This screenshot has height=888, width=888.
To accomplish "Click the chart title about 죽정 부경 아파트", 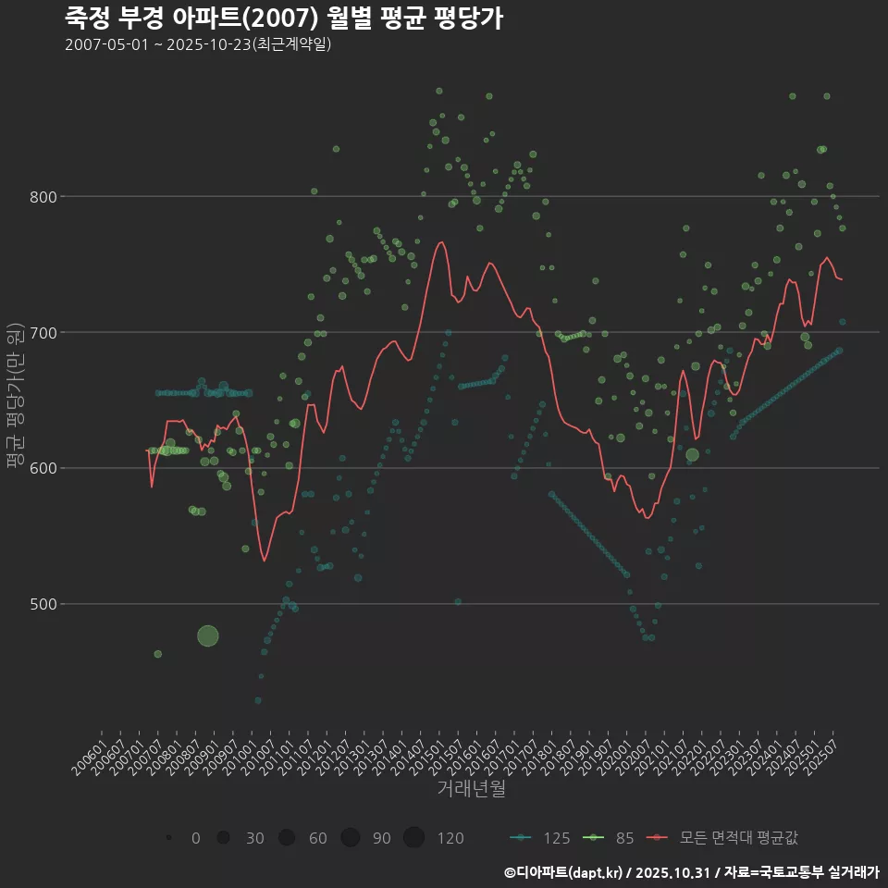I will coord(284,18).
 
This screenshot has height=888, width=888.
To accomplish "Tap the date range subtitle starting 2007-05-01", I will coord(198,44).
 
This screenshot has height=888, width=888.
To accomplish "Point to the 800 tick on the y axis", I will coord(43,197).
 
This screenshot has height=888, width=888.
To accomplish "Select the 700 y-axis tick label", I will coord(43,333).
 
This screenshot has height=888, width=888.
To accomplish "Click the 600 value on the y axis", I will coord(43,469).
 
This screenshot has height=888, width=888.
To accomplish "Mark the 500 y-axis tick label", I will coord(43,605).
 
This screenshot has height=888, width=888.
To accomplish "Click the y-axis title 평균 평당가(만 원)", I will coord(15,398).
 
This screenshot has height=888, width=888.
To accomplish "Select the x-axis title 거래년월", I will coord(471,789).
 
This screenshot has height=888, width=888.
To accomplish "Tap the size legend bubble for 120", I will coord(413,838).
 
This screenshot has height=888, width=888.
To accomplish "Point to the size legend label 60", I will coord(317,838).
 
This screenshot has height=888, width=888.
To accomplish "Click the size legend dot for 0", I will coord(169,838).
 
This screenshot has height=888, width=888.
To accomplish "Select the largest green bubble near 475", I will coord(208,635).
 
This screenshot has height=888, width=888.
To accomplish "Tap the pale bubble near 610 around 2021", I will coord(692,454).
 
